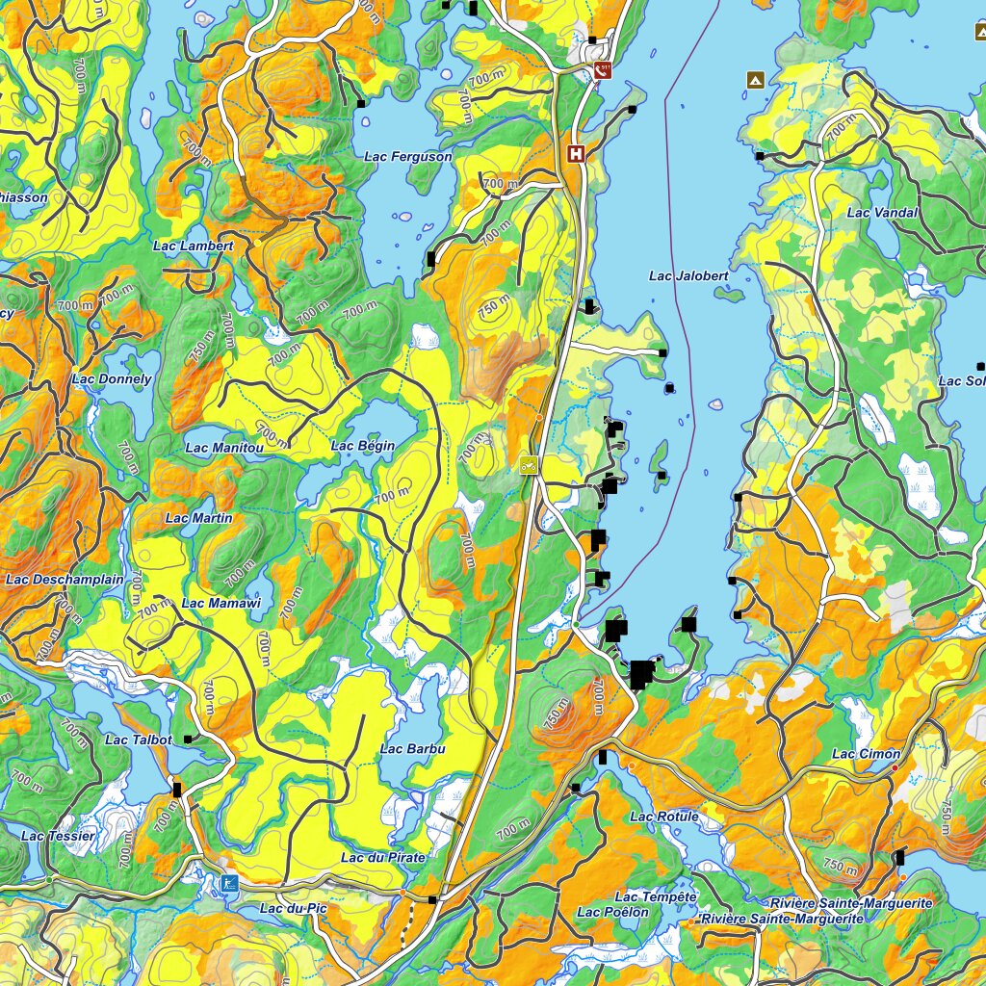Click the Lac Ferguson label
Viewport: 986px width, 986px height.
click(408, 156)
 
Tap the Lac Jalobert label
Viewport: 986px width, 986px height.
click(688, 276)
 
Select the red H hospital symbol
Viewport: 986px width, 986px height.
click(576, 153)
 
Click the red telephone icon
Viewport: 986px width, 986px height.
click(603, 69)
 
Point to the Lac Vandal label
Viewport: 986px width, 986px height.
click(882, 213)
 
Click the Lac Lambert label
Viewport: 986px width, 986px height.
click(194, 246)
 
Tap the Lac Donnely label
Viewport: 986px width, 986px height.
click(112, 379)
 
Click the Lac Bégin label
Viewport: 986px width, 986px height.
click(363, 446)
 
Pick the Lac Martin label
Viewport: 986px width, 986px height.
click(198, 518)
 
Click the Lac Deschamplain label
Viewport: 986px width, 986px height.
click(65, 580)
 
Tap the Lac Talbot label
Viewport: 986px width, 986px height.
click(139, 739)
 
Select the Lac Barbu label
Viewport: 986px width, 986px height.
click(413, 749)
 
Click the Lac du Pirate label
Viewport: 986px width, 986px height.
click(383, 856)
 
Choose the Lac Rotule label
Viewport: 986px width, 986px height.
click(663, 817)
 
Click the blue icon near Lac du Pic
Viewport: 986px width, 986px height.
click(229, 883)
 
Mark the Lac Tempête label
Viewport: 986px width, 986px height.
click(655, 897)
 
